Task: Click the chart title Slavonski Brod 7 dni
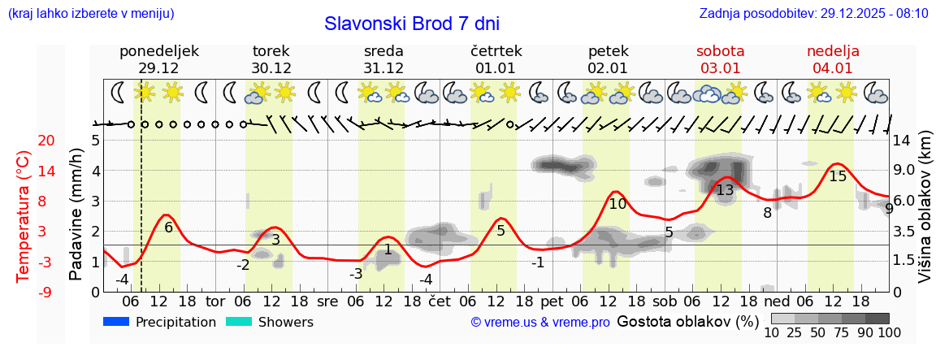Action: [412, 24]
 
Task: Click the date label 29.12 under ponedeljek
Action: [158, 68]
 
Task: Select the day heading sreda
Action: [383, 51]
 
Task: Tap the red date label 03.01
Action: [720, 68]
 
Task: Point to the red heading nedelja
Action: [832, 51]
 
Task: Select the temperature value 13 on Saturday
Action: [725, 190]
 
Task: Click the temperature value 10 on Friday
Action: [617, 204]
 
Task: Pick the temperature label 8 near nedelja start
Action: [767, 213]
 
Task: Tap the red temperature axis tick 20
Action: [24, 141]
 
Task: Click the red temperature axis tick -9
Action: [24, 292]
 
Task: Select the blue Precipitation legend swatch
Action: [116, 322]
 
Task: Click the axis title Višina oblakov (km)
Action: [925, 215]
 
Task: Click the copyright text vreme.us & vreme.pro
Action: [539, 323]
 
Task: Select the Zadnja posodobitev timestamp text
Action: [813, 14]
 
